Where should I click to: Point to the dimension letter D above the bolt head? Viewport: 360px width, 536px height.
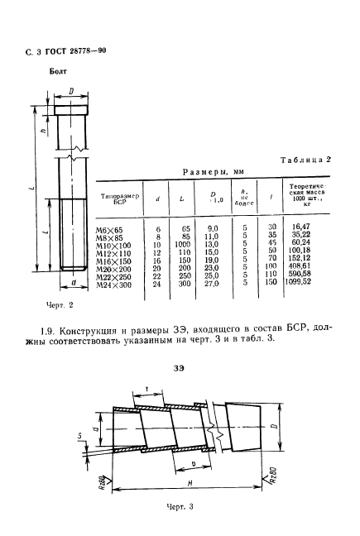(72, 90)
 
